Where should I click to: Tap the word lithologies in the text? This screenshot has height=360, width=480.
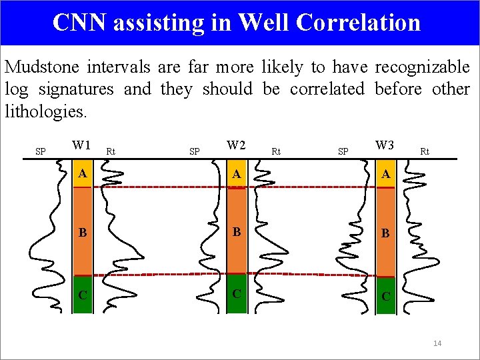coord(45,111)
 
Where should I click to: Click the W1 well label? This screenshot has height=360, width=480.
coord(81,145)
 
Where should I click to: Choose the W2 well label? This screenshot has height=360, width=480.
coord(236,145)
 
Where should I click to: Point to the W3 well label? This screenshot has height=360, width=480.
coord(385,145)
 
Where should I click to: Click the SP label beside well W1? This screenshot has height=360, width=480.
coord(40,151)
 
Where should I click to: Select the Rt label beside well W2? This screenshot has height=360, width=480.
coord(276,151)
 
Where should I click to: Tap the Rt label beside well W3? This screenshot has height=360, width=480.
coord(425,151)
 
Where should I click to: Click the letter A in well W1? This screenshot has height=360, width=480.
coord(81,173)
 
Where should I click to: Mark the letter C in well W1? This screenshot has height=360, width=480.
coord(81,293)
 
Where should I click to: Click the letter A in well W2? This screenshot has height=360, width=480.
coord(235,173)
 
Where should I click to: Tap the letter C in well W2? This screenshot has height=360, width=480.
coord(235,293)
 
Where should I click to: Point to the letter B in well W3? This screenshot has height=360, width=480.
coord(385,234)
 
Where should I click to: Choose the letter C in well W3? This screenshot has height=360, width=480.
coord(385,296)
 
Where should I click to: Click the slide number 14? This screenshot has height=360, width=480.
coord(437,343)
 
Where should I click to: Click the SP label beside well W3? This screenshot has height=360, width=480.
coord(343,151)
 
